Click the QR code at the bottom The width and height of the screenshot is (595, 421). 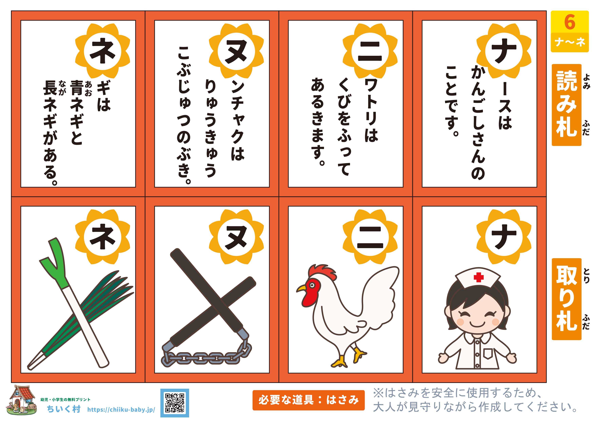pyautogui.click(x=175, y=403)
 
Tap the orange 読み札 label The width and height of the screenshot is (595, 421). pyautogui.click(x=567, y=105)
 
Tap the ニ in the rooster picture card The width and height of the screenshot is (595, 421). pyautogui.click(x=370, y=237)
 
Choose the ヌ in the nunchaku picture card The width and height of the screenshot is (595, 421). pyautogui.click(x=236, y=237)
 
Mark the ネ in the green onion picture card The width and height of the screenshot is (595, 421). pyautogui.click(x=103, y=237)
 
